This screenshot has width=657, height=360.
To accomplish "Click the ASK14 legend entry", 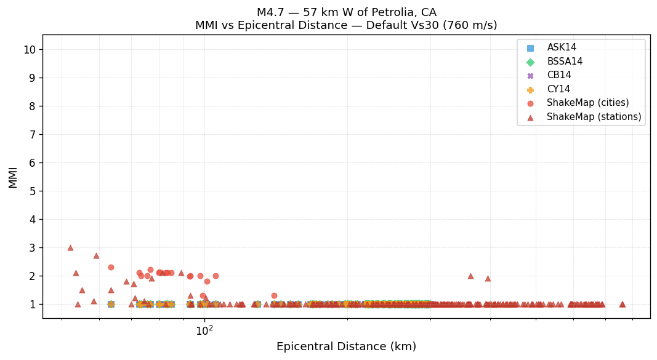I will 562,47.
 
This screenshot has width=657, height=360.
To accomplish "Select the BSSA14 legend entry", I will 565,62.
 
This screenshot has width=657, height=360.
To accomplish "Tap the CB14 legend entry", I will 558,75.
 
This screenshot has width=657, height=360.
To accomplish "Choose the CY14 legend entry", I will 558,89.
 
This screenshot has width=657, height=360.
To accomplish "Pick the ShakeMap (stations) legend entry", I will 594,117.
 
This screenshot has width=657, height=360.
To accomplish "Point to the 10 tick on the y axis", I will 30,50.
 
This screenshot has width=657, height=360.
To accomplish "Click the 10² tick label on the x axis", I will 204,330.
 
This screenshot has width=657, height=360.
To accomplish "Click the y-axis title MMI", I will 13,177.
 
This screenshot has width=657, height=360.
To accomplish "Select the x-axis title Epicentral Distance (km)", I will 346,346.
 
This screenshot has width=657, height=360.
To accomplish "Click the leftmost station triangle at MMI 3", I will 70,247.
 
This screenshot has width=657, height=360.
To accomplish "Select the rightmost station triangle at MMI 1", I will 622,304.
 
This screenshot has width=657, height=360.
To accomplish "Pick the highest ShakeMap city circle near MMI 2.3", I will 111,267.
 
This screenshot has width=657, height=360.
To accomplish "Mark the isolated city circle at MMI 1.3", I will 274,295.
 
